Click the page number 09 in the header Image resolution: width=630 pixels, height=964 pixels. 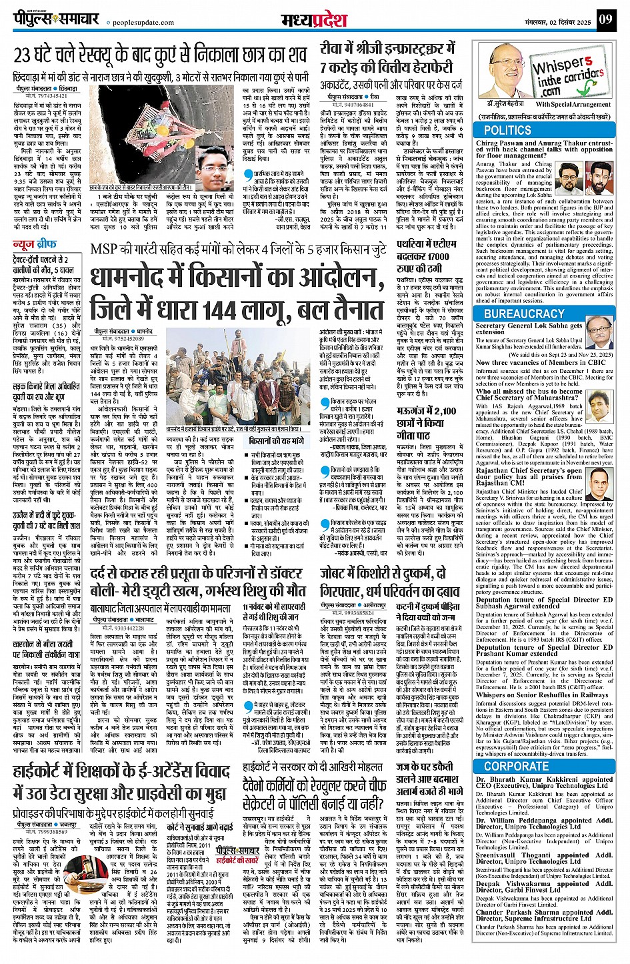(605, 19)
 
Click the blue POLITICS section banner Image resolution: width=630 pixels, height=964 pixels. (507, 130)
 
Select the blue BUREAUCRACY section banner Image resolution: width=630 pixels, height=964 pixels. (524, 313)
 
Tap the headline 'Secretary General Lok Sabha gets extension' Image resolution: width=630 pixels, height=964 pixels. (528, 329)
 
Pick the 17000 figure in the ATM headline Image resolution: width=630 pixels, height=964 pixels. (432, 256)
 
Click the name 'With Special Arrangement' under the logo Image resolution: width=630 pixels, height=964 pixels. (573, 104)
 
